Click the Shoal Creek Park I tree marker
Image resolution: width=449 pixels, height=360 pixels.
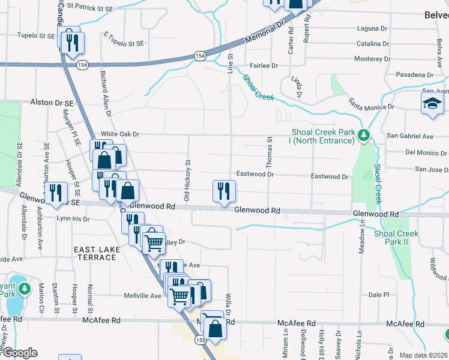(x=363, y=134)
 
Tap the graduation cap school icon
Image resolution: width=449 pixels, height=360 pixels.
(x=432, y=104)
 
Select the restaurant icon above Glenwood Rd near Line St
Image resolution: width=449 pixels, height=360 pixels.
(x=224, y=191)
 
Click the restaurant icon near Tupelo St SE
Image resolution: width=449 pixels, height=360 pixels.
(x=73, y=41)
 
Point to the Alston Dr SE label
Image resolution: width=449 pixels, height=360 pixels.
(x=52, y=103)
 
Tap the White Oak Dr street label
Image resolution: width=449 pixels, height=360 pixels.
(x=120, y=134)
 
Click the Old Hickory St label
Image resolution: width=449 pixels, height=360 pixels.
(x=187, y=180)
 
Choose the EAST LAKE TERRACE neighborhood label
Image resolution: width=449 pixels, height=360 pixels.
(x=95, y=253)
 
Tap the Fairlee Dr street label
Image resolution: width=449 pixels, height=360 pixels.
(x=264, y=65)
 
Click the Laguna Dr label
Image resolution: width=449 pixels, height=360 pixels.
(x=372, y=28)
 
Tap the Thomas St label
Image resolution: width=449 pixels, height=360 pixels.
(x=270, y=151)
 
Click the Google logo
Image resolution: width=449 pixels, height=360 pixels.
(x=19, y=353)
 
